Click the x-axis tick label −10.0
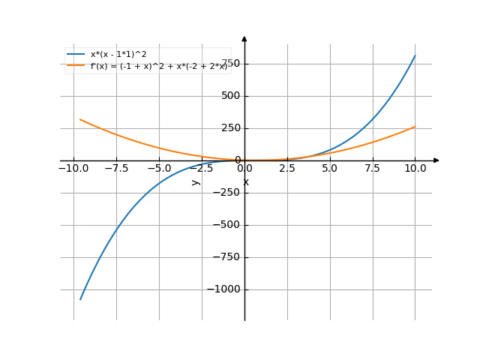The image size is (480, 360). [73, 169]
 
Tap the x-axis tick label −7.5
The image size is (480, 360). [116, 169]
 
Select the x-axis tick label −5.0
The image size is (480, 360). [159, 169]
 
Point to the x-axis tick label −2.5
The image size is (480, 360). [202, 169]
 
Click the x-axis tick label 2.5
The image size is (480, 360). [287, 169]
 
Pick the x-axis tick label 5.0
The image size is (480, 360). [330, 169]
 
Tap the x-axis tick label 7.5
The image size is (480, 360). [373, 169]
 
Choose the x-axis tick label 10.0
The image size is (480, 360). [415, 169]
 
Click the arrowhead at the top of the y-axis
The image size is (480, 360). [244, 38]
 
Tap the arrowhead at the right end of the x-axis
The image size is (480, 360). [436, 160]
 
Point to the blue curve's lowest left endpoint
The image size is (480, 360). [80, 300]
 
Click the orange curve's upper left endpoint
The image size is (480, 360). [80, 119]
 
